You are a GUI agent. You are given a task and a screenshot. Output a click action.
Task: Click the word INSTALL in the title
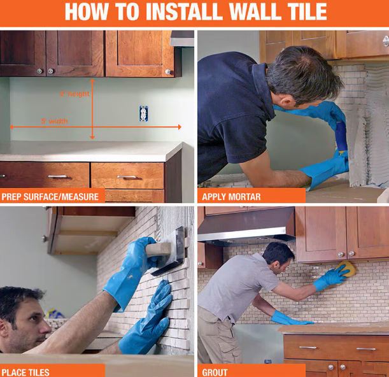pyautogui.click(x=184, y=11)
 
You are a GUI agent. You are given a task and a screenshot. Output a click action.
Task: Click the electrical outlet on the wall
pyautogui.click(x=144, y=113)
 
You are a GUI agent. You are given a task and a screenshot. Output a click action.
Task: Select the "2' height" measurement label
pyautogui.click(x=74, y=94)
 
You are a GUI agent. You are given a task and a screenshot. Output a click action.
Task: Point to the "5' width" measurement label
pyautogui.click(x=55, y=121)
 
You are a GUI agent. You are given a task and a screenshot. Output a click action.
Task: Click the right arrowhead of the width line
pyautogui.click(x=180, y=127)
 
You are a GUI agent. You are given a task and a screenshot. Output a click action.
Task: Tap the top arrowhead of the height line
pyautogui.click(x=92, y=81)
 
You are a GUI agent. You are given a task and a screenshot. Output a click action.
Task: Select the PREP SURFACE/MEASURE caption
pyautogui.click(x=50, y=197)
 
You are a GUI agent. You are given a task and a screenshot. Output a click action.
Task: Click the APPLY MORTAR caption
pyautogui.click(x=231, y=197)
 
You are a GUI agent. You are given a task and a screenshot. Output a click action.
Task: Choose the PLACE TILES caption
pyautogui.click(x=25, y=373)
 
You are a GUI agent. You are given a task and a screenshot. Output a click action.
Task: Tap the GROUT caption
pyautogui.click(x=215, y=373)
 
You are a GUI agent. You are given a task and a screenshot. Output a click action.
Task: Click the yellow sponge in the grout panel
pyautogui.click(x=346, y=269)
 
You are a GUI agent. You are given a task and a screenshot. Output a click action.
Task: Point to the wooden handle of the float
pyautogui.click(x=159, y=250)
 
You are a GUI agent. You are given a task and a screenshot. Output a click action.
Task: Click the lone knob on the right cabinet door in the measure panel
pyautogui.click(x=167, y=72)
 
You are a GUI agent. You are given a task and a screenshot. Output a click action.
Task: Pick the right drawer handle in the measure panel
pyautogui.click(x=127, y=176)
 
